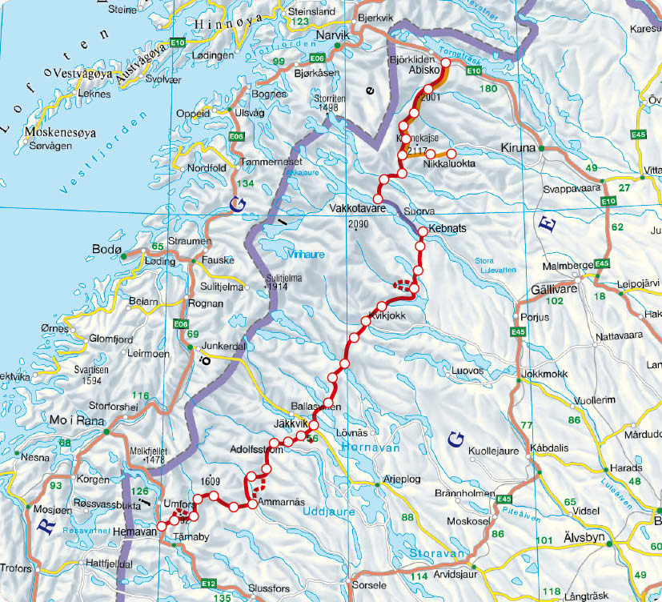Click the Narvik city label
[334, 37]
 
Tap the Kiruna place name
[516, 148]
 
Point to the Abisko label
[421, 70]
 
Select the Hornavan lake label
[370, 450]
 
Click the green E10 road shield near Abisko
[473, 71]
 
